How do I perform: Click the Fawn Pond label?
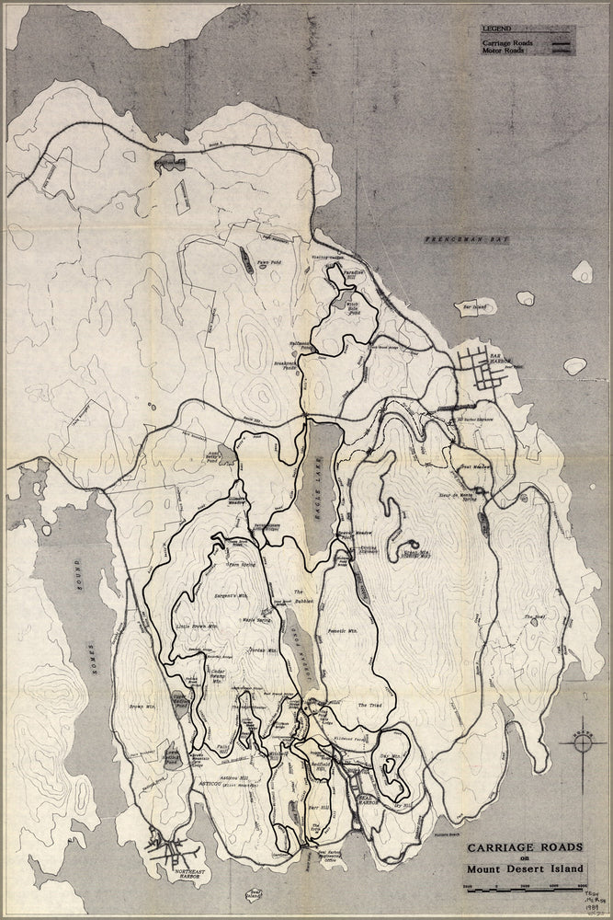(269, 260)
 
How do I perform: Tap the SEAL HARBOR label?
(368, 800)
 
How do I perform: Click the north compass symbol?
(585, 740)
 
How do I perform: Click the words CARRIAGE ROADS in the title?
(525, 847)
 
